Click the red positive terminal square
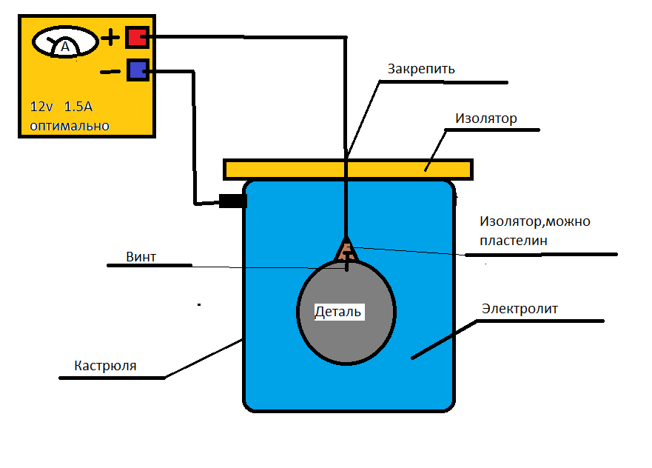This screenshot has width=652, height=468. coord(138,37)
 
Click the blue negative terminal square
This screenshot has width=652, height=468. coord(138,70)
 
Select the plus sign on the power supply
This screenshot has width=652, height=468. coord(110,37)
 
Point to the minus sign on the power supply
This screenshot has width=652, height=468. coord(110,71)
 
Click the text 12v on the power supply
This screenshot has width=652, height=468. coord(42,107)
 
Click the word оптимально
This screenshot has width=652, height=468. coord(70,126)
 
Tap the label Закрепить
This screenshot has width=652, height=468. coord(421,69)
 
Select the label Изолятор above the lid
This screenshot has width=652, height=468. coord(485,118)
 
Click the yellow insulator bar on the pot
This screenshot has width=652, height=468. coord(348,169)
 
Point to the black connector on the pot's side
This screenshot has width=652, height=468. coord(232,201)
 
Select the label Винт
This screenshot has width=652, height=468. coord(141,257)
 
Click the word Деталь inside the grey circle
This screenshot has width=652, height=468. coord(338,311)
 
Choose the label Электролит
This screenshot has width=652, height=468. coord(520,308)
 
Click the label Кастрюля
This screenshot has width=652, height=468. coord(105,366)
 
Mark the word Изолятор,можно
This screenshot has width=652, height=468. coord(534,221)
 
